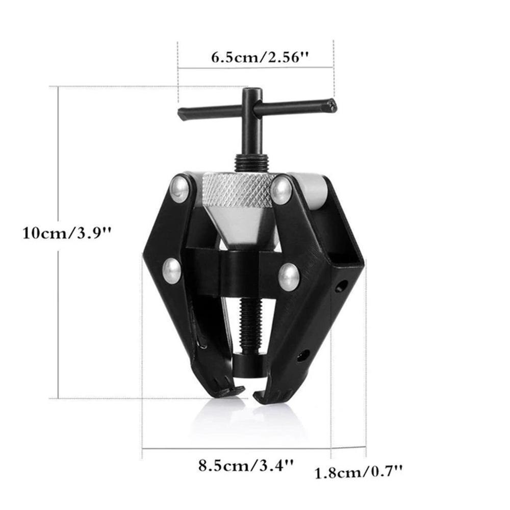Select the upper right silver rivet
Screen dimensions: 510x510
click(281, 189)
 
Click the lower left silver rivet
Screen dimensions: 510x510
click(172, 270)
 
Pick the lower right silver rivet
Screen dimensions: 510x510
click(289, 276)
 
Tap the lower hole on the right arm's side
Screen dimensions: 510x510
click(305, 355)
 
